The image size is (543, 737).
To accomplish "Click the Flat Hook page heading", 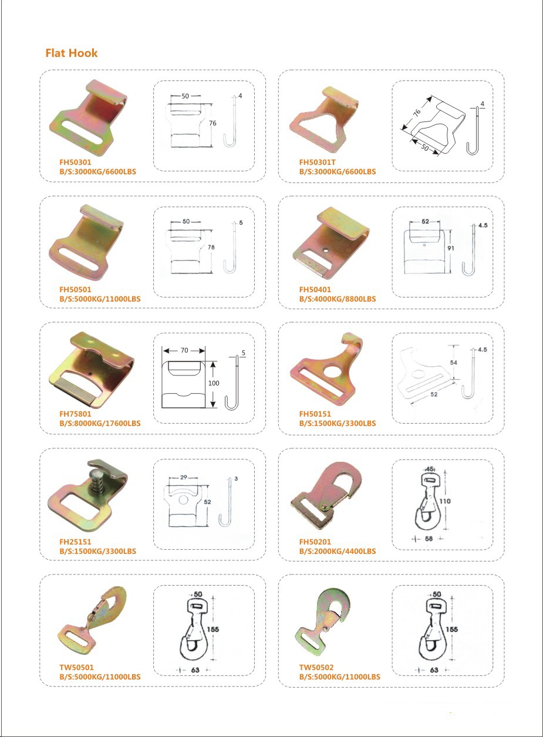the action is tap(72, 53).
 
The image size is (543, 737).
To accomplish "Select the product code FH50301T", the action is tap(317, 162).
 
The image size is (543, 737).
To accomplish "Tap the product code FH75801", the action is tap(75, 414).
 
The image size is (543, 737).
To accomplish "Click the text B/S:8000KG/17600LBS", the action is tap(100, 423).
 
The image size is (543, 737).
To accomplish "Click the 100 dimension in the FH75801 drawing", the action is tap(214, 383).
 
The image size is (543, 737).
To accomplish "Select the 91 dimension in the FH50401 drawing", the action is tap(450, 248).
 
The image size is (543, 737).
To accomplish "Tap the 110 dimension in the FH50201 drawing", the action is tap(445, 501).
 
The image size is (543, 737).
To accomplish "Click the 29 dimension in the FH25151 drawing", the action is tap(184, 476).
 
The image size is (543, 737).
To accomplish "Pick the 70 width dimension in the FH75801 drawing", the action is tap(184, 350).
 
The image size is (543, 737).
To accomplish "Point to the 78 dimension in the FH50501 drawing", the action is tap(211, 247).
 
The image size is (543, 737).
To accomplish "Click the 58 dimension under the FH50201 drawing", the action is tap(429, 539).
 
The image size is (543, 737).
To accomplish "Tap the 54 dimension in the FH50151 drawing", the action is tap(454, 362).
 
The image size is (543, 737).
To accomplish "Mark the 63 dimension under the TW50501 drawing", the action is tap(195, 670).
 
